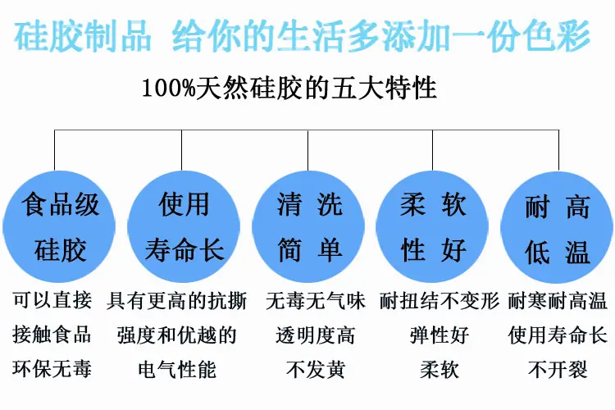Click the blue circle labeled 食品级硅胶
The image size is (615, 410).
pyautogui.click(x=59, y=227)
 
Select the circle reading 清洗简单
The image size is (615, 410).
pyautogui.click(x=308, y=227)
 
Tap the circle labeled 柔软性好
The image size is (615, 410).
pyautogui.click(x=432, y=227)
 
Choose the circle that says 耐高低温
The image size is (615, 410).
pyautogui.click(x=557, y=227)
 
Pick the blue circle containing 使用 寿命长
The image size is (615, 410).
pyautogui.click(x=184, y=227)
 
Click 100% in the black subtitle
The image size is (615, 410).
pyautogui.click(x=169, y=88)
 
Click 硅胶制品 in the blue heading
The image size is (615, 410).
pyautogui.click(x=82, y=36)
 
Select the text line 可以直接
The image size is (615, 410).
pyautogui.click(x=52, y=301)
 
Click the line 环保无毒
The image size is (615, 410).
pyautogui.click(x=52, y=369)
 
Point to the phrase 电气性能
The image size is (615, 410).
pyautogui.click(x=177, y=369)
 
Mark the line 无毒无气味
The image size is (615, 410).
pyautogui.click(x=316, y=301)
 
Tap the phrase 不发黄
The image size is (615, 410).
pyautogui.click(x=316, y=369)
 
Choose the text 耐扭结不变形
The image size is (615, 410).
pyautogui.click(x=440, y=301)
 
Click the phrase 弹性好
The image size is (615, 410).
pyautogui.click(x=440, y=335)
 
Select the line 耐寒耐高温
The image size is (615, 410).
pyautogui.click(x=558, y=301)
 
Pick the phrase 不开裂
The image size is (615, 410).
pyautogui.click(x=558, y=369)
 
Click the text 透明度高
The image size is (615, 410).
pyautogui.click(x=316, y=335)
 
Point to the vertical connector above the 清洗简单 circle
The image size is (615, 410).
pyautogui.click(x=307, y=150)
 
